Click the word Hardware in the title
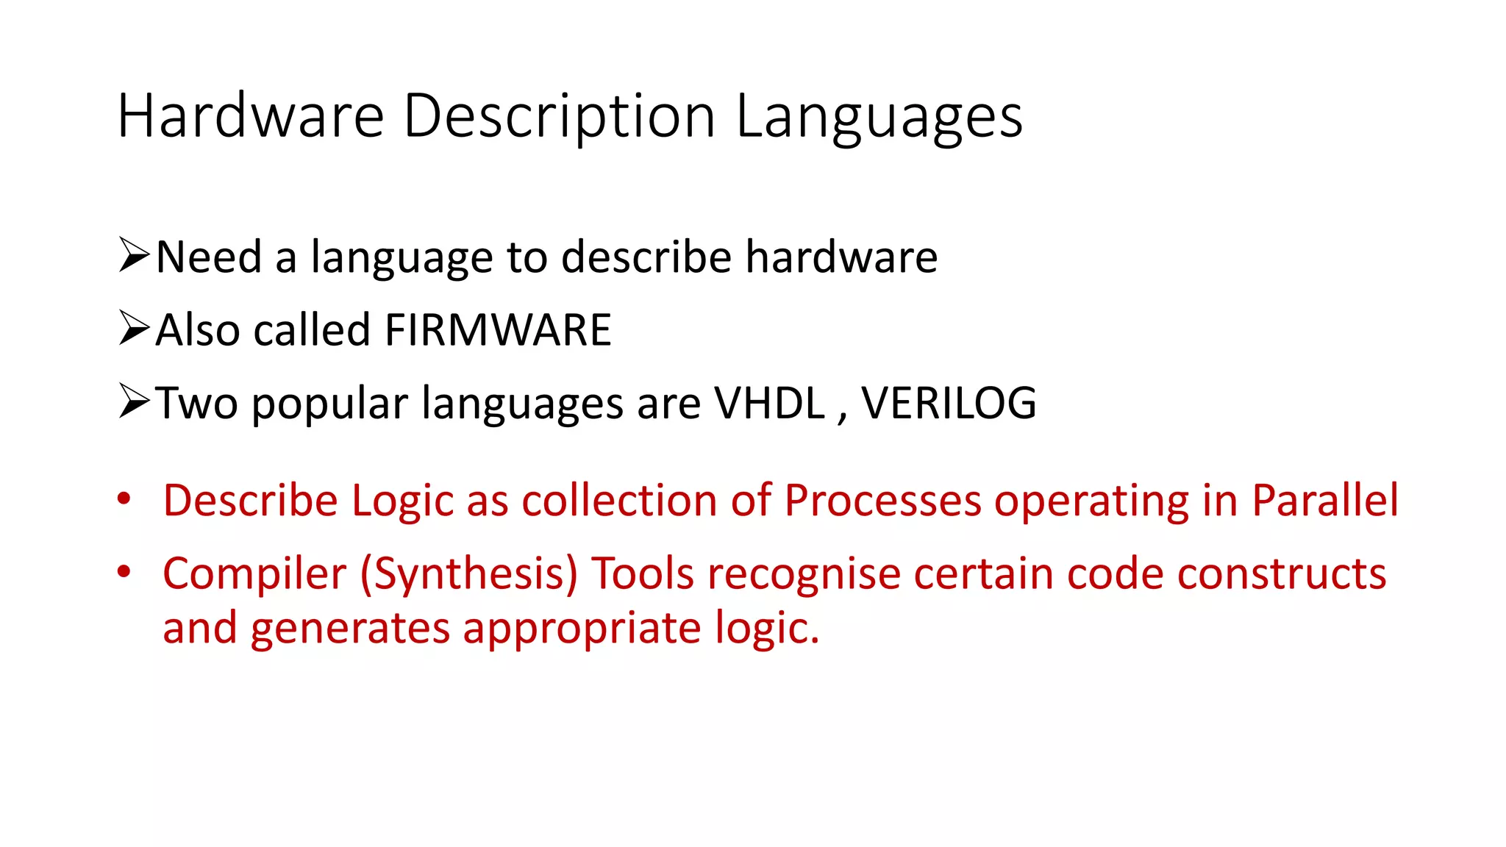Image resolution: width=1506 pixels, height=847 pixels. pos(251,116)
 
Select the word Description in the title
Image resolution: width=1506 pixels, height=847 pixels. pos(559,116)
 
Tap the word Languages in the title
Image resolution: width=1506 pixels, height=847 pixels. pos(879,116)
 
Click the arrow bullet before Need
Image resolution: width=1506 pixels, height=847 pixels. pos(134,255)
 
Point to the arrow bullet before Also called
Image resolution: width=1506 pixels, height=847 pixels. pos(134,328)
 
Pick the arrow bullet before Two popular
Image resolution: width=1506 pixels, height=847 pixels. pos(134,401)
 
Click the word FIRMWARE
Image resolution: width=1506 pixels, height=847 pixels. pos(498,329)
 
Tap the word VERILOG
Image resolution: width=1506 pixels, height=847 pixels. pos(949,403)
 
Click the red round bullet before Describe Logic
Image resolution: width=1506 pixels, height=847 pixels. pos(124,499)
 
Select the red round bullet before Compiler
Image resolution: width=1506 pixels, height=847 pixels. pos(124,572)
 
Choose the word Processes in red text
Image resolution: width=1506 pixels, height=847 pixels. pos(882,501)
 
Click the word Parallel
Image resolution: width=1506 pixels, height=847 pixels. pos(1325,501)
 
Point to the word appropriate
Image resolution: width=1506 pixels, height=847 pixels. pos(582,629)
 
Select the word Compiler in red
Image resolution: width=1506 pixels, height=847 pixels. pos(254,574)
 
